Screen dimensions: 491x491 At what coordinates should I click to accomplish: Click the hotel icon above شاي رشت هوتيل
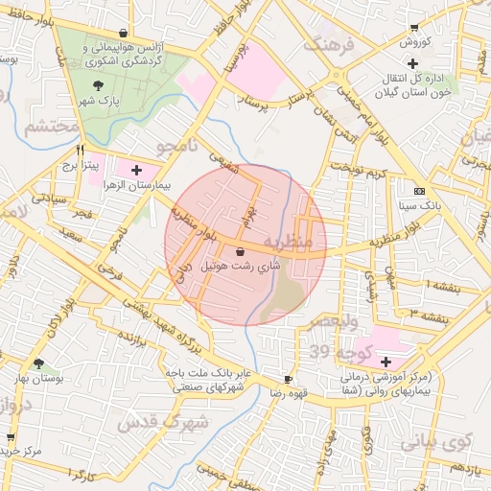pyautogui.click(x=239, y=253)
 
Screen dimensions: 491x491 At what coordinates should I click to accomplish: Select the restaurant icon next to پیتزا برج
pyautogui.click(x=80, y=151)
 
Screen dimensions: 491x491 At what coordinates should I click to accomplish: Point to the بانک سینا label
pyautogui.click(x=419, y=205)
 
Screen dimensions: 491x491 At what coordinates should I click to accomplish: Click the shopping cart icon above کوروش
pyautogui.click(x=413, y=28)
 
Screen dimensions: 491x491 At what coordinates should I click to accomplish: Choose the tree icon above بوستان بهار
pyautogui.click(x=39, y=364)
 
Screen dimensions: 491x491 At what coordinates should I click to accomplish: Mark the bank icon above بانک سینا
pyautogui.click(x=419, y=191)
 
